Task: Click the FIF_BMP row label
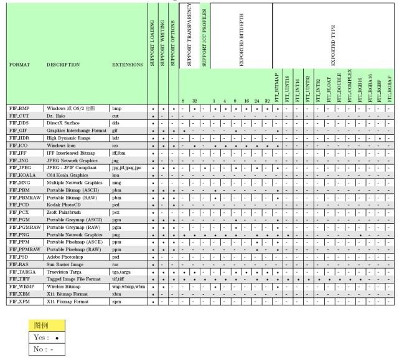coord(19,108)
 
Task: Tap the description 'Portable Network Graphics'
coord(74,235)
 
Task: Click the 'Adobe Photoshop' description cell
coord(65,257)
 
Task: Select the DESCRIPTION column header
coord(63,65)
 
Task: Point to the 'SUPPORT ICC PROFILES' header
coord(204,38)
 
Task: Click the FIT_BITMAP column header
coord(278,87)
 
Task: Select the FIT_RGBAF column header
coord(389,87)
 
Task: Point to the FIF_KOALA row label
coord(22,175)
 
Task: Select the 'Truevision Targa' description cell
coord(65,272)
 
